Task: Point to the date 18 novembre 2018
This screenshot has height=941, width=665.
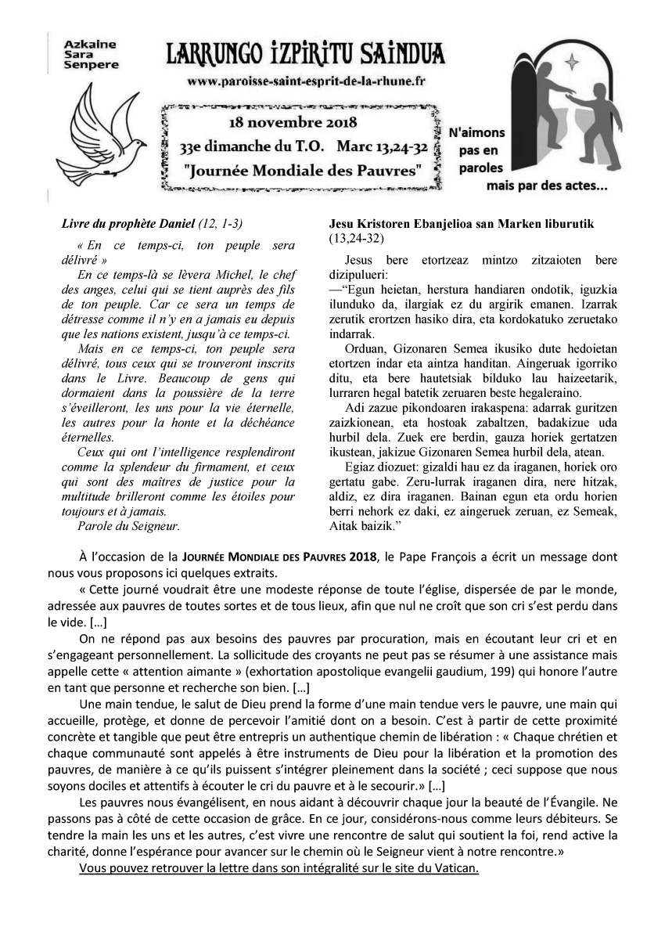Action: coord(293,123)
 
